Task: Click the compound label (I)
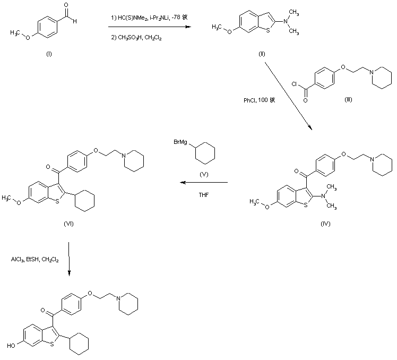click(49, 54)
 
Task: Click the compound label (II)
click(262, 54)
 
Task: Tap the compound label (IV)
click(326, 224)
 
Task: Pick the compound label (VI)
click(68, 224)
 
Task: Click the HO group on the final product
click(11, 345)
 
